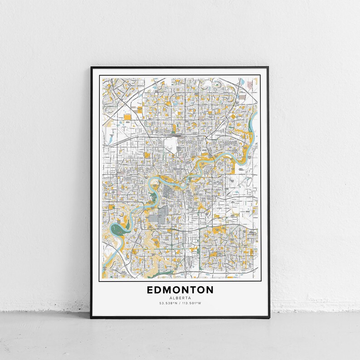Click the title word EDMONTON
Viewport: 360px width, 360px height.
[x=180, y=289]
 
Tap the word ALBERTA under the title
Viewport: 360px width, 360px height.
[x=180, y=297]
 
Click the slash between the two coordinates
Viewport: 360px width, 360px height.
[x=180, y=303]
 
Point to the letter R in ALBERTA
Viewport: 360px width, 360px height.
[x=183, y=297]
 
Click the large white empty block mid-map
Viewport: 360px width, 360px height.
[x=170, y=145]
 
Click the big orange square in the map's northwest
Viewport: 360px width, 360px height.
[x=127, y=117]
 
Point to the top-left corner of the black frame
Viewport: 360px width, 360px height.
[x=91, y=68]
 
